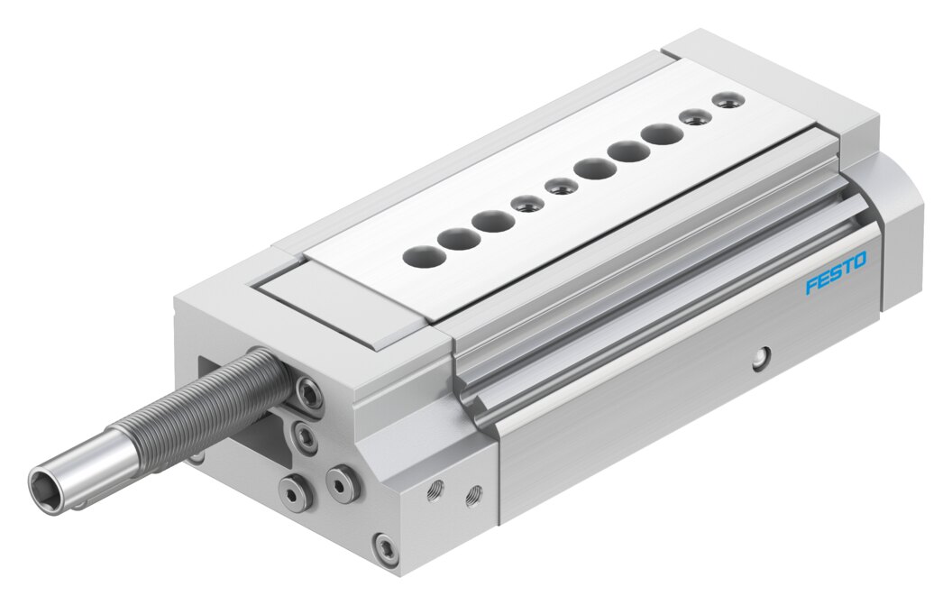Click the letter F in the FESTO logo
click(x=811, y=286)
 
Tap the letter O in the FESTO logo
click(x=860, y=261)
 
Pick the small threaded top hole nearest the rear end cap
click(x=728, y=99)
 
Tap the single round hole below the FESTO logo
click(x=760, y=360)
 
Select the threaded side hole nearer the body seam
click(x=473, y=495)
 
